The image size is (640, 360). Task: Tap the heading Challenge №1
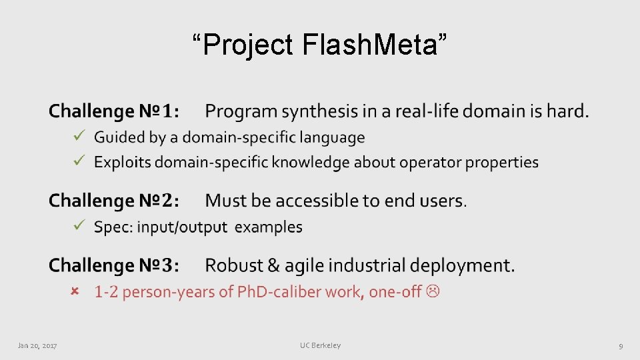pyautogui.click(x=114, y=111)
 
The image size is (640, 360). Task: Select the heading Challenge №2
pyautogui.click(x=114, y=200)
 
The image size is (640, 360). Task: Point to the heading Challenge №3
pyautogui.click(x=114, y=265)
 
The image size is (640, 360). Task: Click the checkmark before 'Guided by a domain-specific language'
pyautogui.click(x=78, y=137)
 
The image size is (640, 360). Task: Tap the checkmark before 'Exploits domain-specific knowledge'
pyautogui.click(x=78, y=161)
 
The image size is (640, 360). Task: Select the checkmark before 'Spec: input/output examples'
pyautogui.click(x=78, y=226)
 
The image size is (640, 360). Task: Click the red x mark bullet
pyautogui.click(x=75, y=291)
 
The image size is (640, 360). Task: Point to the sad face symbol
pyautogui.click(x=434, y=291)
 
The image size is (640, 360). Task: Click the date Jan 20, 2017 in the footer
pyautogui.click(x=37, y=345)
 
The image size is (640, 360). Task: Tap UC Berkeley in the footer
pyautogui.click(x=320, y=345)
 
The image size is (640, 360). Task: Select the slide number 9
pyautogui.click(x=621, y=345)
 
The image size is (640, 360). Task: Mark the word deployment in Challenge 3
pyautogui.click(x=462, y=265)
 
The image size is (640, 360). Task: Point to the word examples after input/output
pyautogui.click(x=269, y=227)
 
